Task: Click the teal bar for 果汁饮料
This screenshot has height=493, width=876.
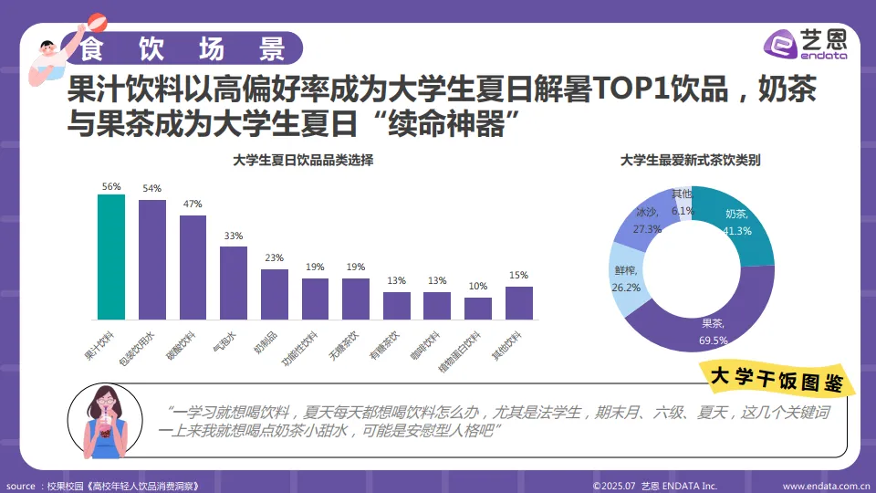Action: coord(111,257)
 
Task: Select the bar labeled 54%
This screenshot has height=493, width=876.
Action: coord(152,260)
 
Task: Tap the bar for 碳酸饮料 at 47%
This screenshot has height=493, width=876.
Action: coord(193,267)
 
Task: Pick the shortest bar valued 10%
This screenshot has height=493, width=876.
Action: coord(478,309)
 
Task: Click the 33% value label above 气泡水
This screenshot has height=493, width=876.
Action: coord(234,236)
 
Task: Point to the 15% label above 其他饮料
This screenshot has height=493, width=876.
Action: coord(519,276)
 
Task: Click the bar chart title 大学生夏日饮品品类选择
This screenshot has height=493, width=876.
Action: coord(303,161)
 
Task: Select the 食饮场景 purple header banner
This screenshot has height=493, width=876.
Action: coord(182,47)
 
